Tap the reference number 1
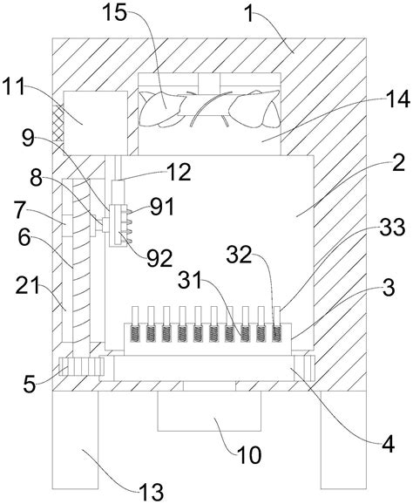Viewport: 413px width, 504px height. (x=249, y=14)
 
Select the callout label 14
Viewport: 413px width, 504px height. (x=398, y=99)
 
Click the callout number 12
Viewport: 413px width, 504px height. (x=179, y=172)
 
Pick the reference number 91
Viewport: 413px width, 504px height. (x=163, y=207)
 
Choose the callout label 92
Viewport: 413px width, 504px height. (x=160, y=258)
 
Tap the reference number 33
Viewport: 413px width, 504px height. (x=392, y=228)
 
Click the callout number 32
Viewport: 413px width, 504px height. (x=239, y=255)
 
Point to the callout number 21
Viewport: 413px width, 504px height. (x=27, y=285)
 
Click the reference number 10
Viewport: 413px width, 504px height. (x=249, y=455)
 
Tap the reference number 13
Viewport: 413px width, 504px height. (x=152, y=492)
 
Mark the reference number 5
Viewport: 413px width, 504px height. (x=30, y=385)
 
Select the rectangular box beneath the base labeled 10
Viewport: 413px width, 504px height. (x=209, y=411)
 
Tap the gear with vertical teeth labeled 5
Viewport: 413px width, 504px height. (x=82, y=366)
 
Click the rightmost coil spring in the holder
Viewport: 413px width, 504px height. (x=276, y=334)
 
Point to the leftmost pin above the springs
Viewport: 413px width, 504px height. (x=135, y=316)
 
